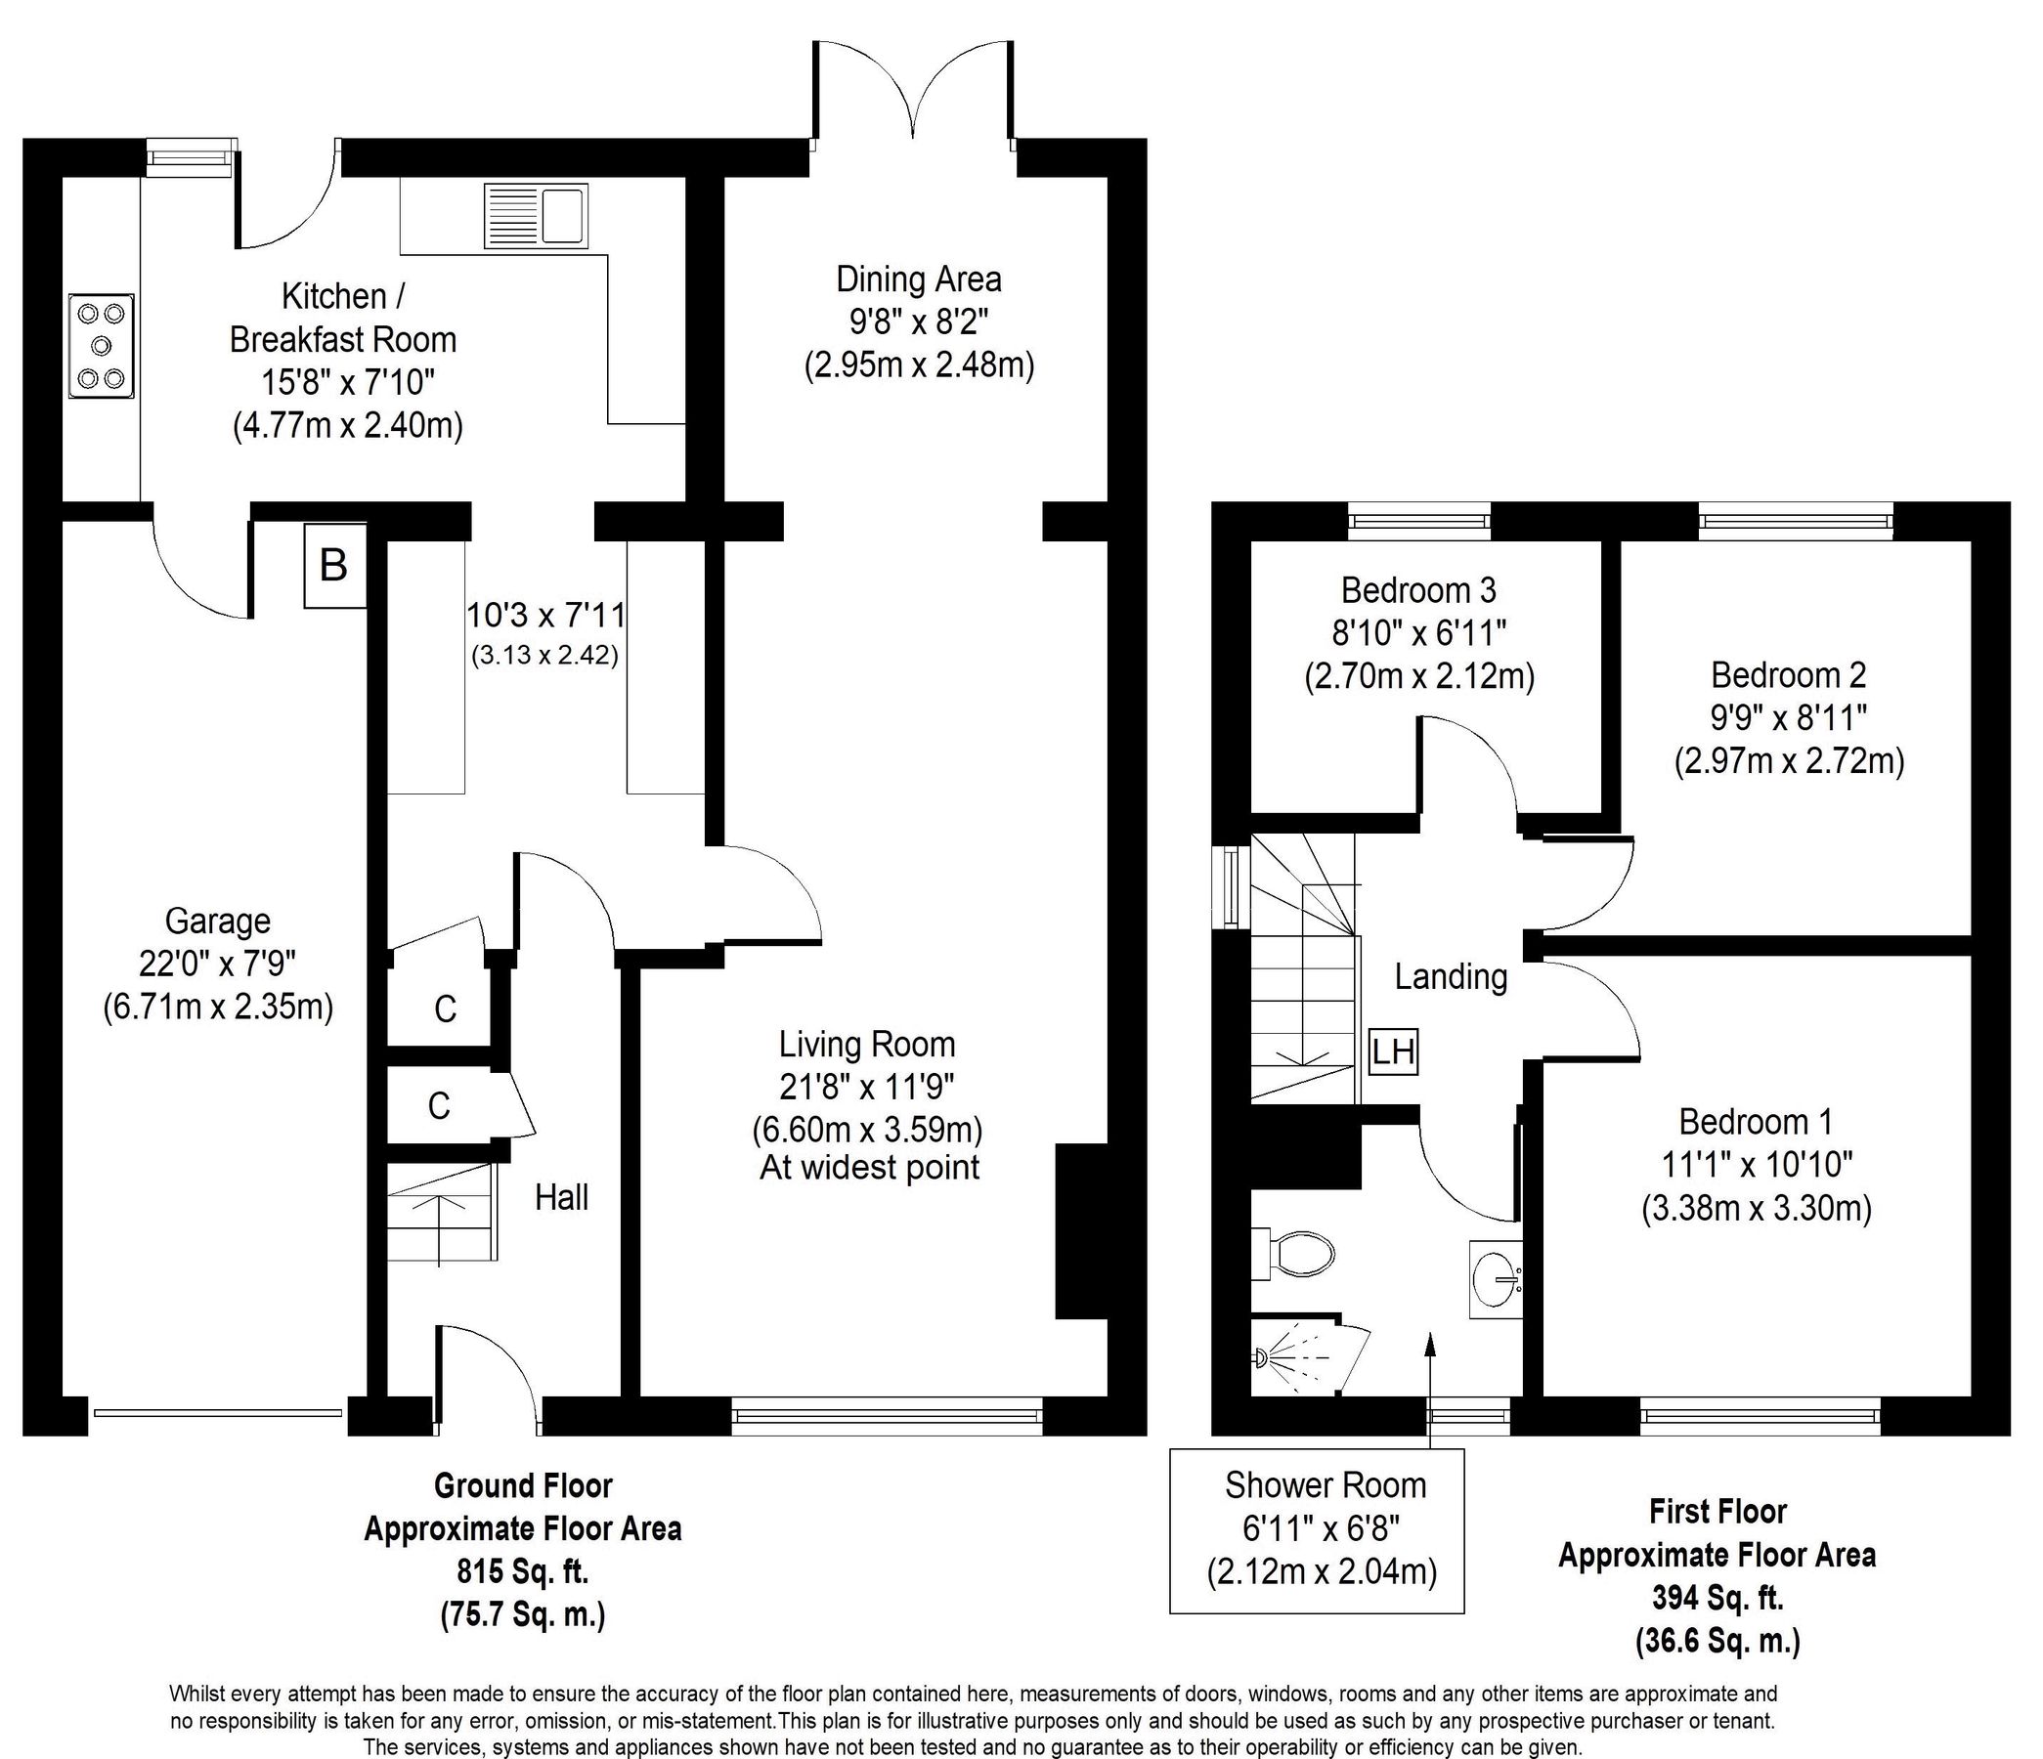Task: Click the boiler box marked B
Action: coord(334,566)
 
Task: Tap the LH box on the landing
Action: coord(1393,1052)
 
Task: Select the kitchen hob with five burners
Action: coord(101,346)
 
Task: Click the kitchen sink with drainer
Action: coord(536,216)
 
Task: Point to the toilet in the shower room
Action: coord(1295,1254)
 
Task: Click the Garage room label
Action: coord(217,921)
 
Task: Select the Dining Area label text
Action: coord(918,279)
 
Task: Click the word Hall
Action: coord(561,1197)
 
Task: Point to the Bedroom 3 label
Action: coord(1417,589)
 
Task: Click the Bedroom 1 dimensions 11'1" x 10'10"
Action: coord(1757,1165)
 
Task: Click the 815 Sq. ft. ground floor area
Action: coord(523,1570)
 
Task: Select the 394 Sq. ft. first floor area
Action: coord(1717,1597)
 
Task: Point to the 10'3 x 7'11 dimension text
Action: coord(545,616)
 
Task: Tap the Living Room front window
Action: coord(887,1415)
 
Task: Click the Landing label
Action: coord(1450,977)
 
